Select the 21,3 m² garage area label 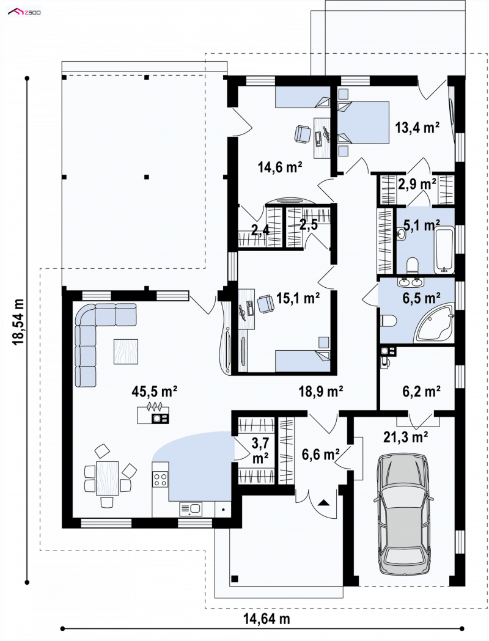[x=406, y=437]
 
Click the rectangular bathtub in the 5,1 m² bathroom [x=444, y=251]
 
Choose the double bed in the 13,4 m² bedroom [x=363, y=123]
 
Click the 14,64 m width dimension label [x=267, y=618]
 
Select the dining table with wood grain [x=107, y=478]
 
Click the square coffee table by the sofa [x=126, y=351]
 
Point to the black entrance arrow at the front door [x=324, y=502]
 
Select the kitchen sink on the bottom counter [x=190, y=509]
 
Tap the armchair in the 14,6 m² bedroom [x=302, y=134]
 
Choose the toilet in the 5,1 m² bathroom [x=412, y=265]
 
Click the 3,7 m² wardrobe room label [x=259, y=450]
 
